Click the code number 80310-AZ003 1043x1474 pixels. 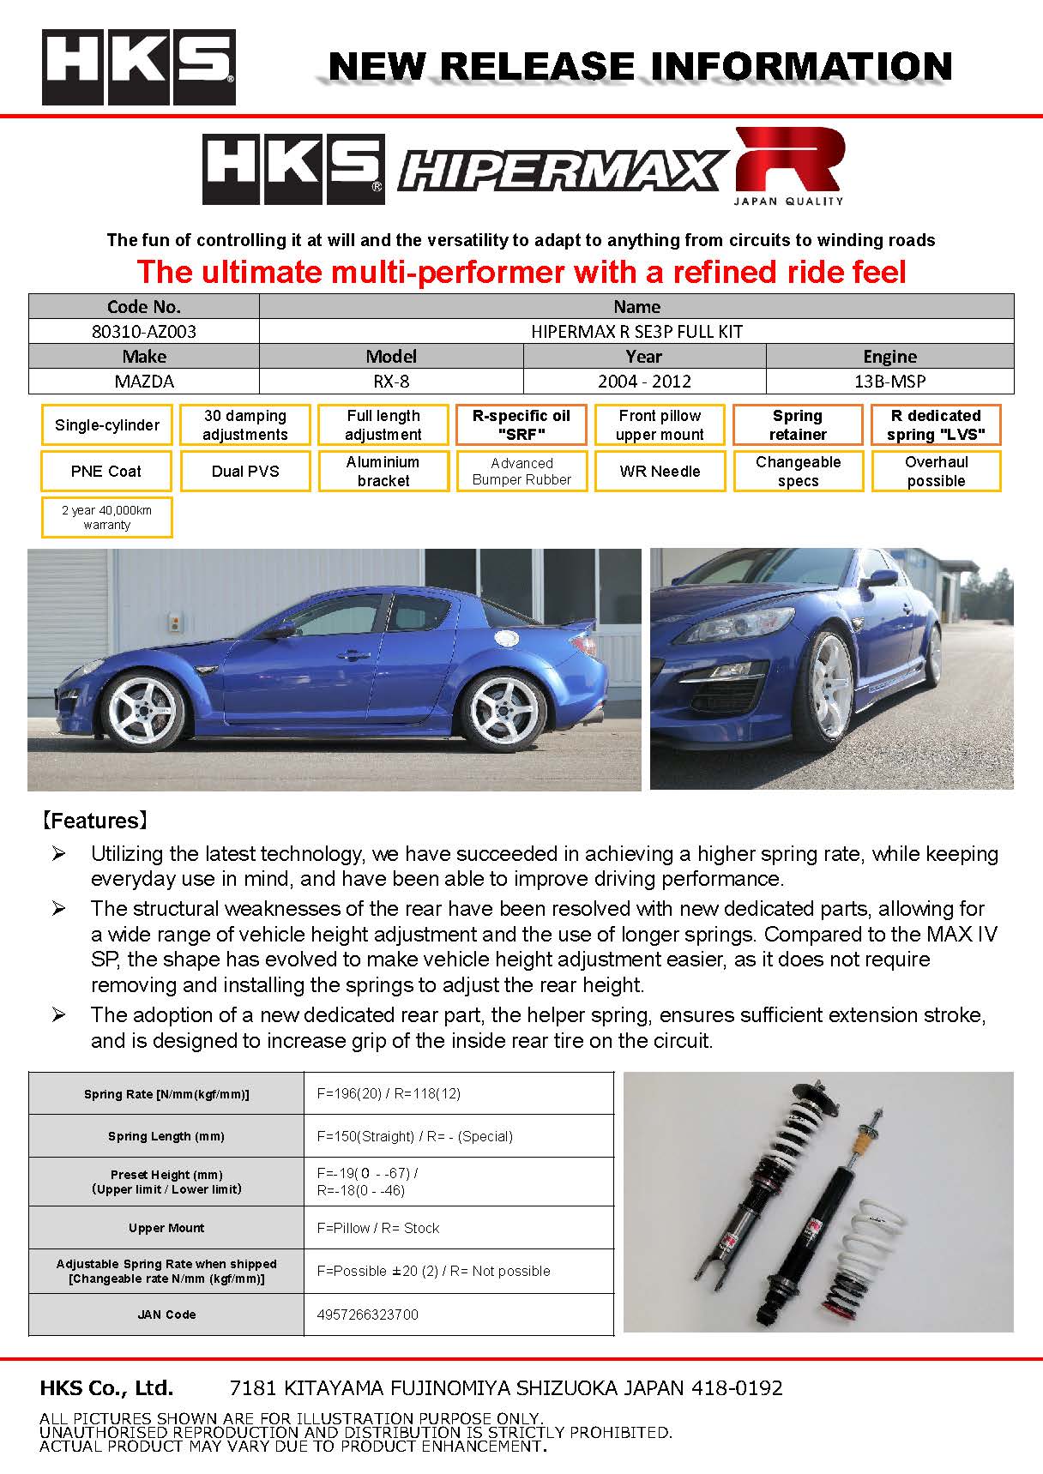[x=144, y=332]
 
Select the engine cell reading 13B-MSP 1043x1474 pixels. [x=889, y=382]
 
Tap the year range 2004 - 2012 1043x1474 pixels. [x=644, y=382]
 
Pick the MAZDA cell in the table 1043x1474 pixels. [x=144, y=382]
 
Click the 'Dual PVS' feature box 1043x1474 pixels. [x=245, y=472]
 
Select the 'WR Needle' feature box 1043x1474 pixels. [x=660, y=472]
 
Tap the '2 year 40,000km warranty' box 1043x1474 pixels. [x=107, y=517]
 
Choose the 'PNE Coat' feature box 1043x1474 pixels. [x=107, y=472]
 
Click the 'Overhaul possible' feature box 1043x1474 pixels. [x=936, y=472]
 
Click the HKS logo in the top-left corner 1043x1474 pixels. [x=139, y=67]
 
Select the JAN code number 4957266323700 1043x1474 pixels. [x=368, y=1315]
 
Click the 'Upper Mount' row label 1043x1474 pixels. [x=166, y=1228]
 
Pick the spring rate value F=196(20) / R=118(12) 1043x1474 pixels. [x=389, y=1093]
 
